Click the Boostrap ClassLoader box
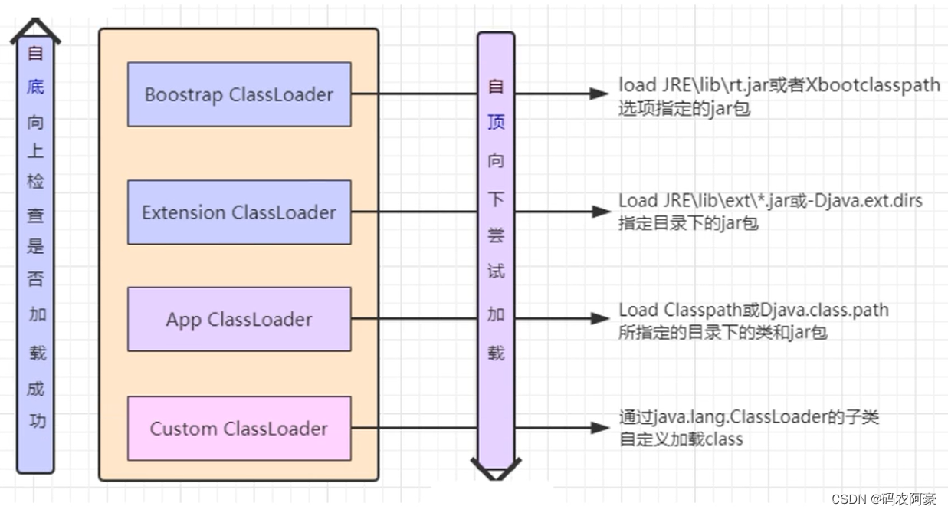[239, 94]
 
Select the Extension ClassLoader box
[239, 212]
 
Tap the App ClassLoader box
[239, 319]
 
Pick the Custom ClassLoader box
[239, 429]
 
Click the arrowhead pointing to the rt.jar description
[599, 94]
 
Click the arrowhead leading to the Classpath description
[599, 318]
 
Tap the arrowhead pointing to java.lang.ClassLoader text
[599, 428]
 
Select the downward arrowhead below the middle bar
[496, 468]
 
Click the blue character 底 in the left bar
[35, 87]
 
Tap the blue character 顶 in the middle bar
[496, 123]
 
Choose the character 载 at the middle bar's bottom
[496, 353]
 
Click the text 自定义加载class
[681, 439]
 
